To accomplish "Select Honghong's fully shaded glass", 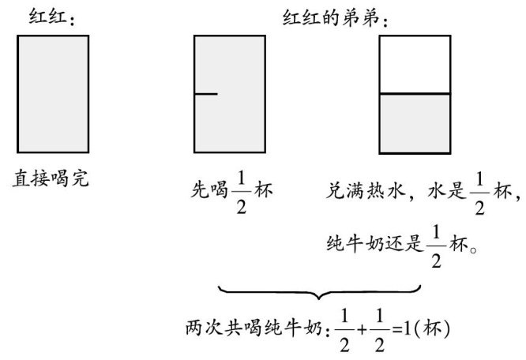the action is [x=52, y=94].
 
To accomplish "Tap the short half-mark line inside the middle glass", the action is [x=205, y=95].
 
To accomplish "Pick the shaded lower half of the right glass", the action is [x=415, y=122].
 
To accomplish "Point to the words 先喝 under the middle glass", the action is [x=209, y=190].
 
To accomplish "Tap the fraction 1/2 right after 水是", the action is [x=479, y=191].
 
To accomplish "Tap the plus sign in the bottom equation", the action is [x=360, y=326].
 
